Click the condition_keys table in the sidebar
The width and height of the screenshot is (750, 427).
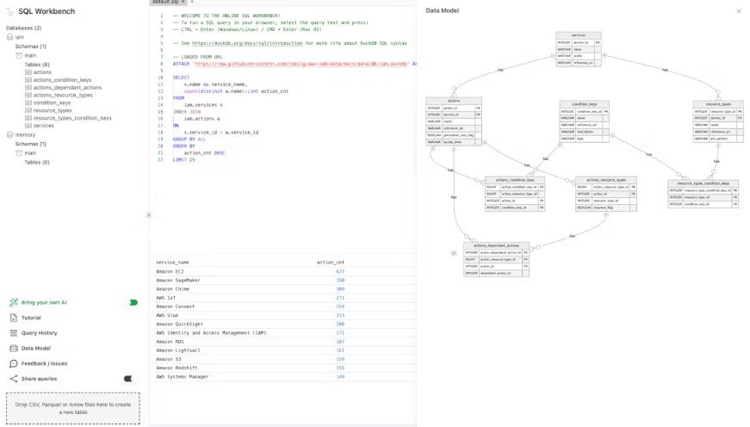(53, 102)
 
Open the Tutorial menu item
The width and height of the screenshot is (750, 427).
(31, 318)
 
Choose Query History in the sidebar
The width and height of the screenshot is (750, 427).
(39, 332)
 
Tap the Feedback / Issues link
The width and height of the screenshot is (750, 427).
(44, 363)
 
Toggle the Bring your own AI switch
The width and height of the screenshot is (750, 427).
(133, 302)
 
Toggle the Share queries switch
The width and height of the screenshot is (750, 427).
(130, 378)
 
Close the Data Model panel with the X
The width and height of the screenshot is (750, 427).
(738, 11)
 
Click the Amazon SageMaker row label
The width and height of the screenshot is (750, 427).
(178, 280)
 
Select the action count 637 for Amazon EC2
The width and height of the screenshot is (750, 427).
(340, 271)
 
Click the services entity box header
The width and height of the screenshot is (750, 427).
(579, 35)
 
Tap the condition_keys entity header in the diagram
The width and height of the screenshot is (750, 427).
(585, 103)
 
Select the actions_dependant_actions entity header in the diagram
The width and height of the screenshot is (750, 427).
(495, 245)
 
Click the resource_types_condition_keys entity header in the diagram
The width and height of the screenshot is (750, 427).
(703, 183)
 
